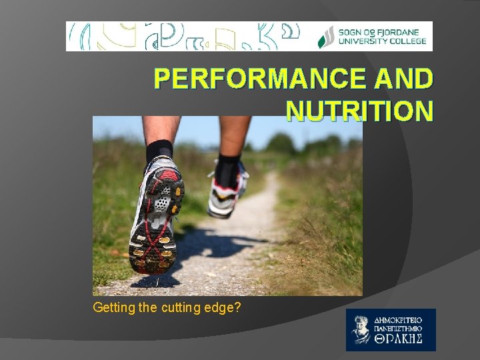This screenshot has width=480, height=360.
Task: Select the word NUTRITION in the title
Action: click(359, 110)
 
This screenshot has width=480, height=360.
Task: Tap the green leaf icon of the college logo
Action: click(326, 37)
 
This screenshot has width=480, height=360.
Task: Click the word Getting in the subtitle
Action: click(114, 307)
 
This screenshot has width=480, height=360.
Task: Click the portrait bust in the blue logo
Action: click(361, 329)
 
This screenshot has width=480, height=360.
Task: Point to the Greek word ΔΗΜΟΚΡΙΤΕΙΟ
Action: click(403, 319)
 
